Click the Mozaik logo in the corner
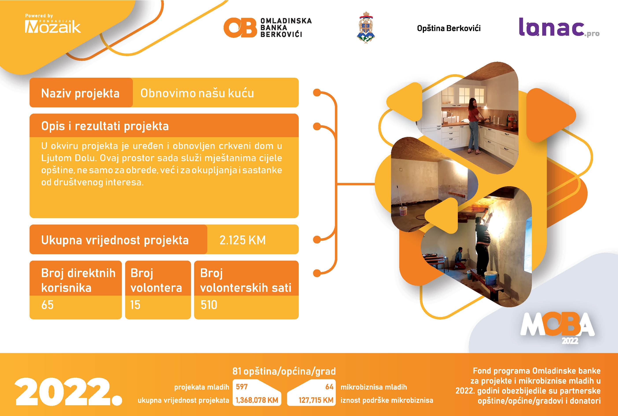[53, 24]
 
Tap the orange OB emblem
[240, 28]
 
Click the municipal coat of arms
[366, 27]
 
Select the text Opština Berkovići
[449, 28]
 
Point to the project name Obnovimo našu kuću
[197, 93]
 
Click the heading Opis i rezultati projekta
[105, 126]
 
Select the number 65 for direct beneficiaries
[47, 305]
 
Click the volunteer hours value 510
[209, 305]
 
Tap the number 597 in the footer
[242, 387]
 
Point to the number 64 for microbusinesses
[329, 387]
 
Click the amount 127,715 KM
[316, 400]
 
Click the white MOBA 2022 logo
[557, 328]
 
